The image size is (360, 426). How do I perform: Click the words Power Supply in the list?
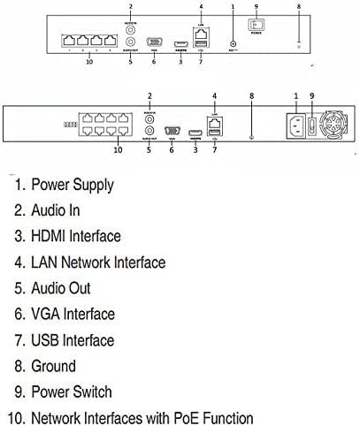pyautogui.click(x=73, y=185)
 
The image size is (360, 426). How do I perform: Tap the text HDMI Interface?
pyautogui.click(x=76, y=236)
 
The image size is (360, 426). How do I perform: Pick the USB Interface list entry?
pyautogui.click(x=73, y=339)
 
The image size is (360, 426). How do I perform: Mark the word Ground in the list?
pyautogui.click(x=54, y=366)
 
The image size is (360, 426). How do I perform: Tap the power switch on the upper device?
pyautogui.click(x=258, y=28)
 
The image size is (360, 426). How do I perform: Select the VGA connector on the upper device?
pyautogui.click(x=154, y=42)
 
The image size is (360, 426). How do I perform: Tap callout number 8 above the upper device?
pyautogui.click(x=299, y=7)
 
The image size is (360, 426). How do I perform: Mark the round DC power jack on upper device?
pyautogui.click(x=233, y=42)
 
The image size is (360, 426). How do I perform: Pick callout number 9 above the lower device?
pyautogui.click(x=312, y=95)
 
